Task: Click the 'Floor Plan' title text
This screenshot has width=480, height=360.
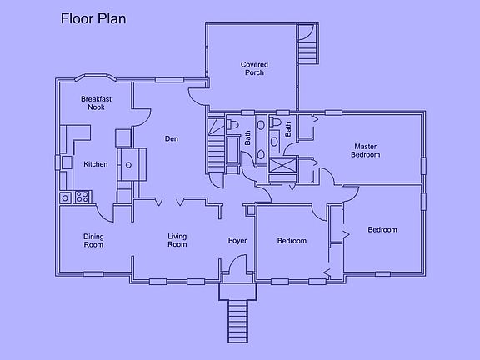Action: point(93,19)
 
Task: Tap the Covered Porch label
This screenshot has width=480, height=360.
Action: point(253,68)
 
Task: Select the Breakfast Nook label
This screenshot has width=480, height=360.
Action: point(97,102)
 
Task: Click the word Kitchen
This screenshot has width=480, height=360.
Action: point(96,164)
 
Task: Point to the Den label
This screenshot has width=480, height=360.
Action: point(172,138)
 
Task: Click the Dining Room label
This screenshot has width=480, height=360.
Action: point(93,241)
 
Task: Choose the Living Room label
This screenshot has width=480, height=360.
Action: point(177,241)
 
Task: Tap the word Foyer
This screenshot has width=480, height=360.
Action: point(238,241)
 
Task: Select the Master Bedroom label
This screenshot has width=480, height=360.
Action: point(365,150)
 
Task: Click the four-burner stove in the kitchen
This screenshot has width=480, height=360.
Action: point(83,197)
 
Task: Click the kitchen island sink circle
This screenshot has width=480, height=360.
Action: point(129,164)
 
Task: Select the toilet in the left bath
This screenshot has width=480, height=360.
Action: point(234,126)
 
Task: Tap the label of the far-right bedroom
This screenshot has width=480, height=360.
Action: point(382,230)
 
